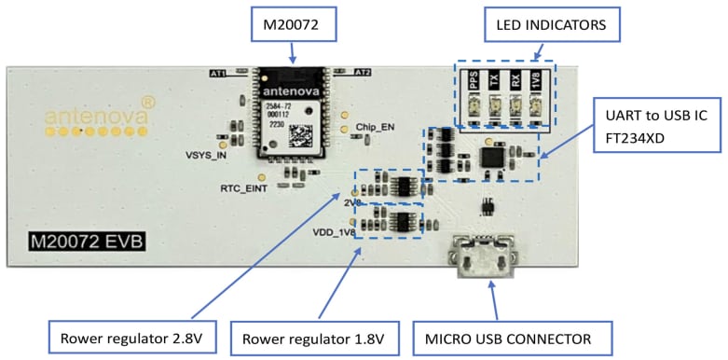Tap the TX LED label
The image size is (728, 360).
click(x=494, y=81)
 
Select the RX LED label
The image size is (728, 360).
click(x=515, y=81)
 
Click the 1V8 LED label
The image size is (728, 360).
click(x=535, y=81)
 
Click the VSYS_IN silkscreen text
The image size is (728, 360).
click(x=206, y=156)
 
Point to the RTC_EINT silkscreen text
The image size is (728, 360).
click(x=244, y=188)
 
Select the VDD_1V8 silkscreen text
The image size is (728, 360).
click(x=335, y=232)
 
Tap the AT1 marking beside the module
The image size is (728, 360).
click(x=220, y=73)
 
